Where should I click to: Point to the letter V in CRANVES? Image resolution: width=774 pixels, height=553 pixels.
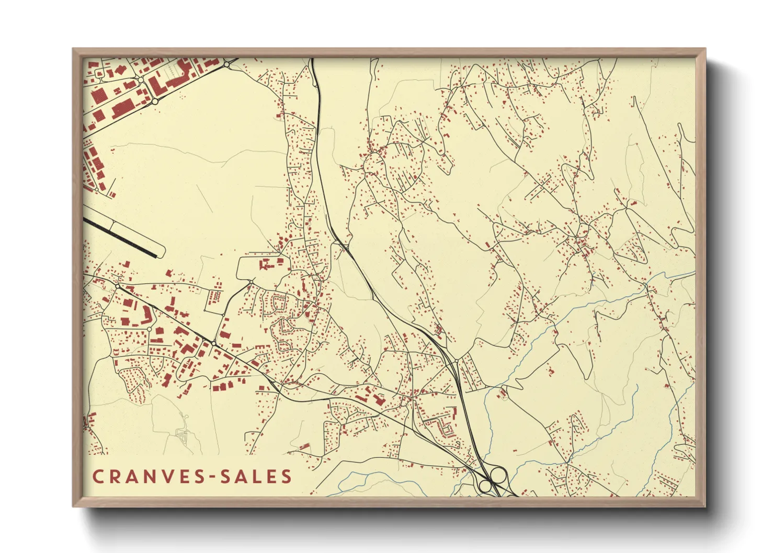pos(166,477)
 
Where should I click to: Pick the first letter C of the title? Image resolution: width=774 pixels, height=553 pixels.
pos(98,477)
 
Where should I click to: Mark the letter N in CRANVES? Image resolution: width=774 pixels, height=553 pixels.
pos(148,477)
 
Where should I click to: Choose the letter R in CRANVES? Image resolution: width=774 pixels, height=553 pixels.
pos(114,477)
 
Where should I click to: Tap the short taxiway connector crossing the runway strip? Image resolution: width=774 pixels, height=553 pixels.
pos(111,227)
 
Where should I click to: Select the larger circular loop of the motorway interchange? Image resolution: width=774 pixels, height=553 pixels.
pos(498,475)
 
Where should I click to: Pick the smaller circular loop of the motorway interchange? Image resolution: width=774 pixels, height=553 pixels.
pos(485,486)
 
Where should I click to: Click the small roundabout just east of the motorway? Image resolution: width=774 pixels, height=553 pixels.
pos(457,361)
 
